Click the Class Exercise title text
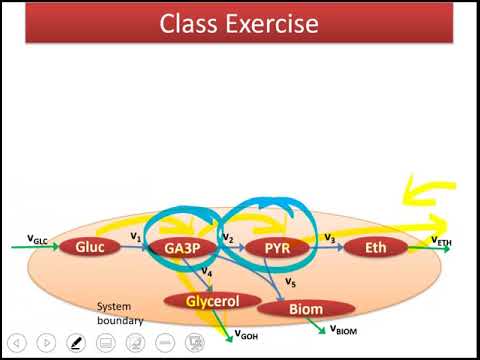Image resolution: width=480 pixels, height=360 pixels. pos(239,23)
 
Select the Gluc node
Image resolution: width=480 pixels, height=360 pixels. pos(91,246)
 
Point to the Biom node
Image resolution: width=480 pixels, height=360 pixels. pos(306,310)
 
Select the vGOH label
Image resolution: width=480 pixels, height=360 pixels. pos(244,336)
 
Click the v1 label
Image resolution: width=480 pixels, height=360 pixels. pos(135,236)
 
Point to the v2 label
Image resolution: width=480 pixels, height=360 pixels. pos(227,237)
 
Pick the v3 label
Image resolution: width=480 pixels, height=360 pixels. pos(328,236)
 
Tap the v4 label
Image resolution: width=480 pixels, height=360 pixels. pos(206,271)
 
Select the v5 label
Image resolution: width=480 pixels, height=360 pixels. pos(290,282)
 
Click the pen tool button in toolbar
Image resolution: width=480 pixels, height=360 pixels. pos(75,342)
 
